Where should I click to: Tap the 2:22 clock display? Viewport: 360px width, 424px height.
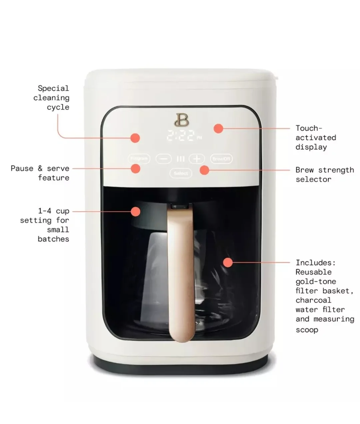pyautogui.click(x=181, y=135)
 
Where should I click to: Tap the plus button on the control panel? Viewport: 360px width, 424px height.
pyautogui.click(x=197, y=159)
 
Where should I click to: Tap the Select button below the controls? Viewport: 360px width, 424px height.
pyautogui.click(x=181, y=173)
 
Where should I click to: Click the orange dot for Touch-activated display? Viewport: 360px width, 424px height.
pyautogui.click(x=218, y=128)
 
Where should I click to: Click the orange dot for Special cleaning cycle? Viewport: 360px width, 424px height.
pyautogui.click(x=135, y=138)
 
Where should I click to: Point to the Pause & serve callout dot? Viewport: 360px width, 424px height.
pyautogui.click(x=135, y=168)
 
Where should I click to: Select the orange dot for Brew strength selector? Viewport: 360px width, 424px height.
pyautogui.click(x=204, y=170)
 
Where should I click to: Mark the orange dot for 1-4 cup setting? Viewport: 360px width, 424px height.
pyautogui.click(x=135, y=211)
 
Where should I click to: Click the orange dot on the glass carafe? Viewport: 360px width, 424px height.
pyautogui.click(x=228, y=263)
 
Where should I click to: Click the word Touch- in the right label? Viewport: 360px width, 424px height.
pyautogui.click(x=309, y=128)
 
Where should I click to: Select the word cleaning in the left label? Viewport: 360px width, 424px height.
pyautogui.click(x=51, y=98)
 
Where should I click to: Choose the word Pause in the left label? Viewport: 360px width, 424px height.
pyautogui.click(x=22, y=168)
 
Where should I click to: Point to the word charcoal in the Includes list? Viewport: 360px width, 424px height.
pyautogui.click(x=313, y=300)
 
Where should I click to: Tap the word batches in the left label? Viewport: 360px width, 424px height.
pyautogui.click(x=53, y=239)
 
